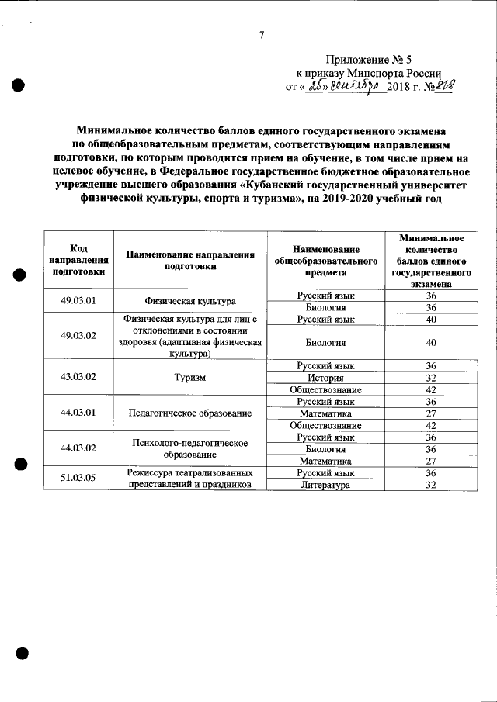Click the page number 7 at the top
(x=262, y=35)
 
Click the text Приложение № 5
(x=371, y=58)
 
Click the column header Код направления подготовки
(x=78, y=260)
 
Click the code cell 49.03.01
(x=78, y=301)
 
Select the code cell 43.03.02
(x=78, y=377)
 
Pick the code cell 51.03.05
(x=78, y=478)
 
